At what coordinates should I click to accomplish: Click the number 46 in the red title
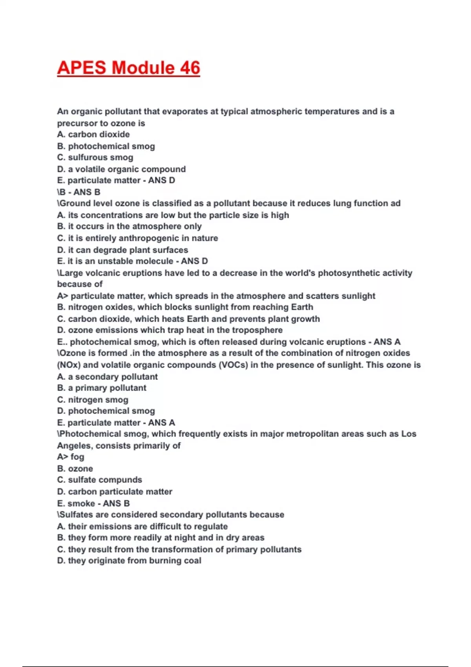click(190, 67)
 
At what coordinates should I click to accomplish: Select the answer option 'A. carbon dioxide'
click(93, 134)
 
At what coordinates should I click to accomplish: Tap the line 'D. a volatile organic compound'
click(121, 169)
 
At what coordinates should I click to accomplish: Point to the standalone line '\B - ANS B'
click(78, 192)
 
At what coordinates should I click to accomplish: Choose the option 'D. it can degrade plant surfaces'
click(122, 250)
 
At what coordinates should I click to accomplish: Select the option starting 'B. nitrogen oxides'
click(185, 307)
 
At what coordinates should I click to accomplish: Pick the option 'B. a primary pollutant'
click(102, 388)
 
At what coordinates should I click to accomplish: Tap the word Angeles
click(74, 446)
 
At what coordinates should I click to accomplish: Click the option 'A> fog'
click(71, 457)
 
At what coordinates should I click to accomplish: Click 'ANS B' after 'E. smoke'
click(116, 503)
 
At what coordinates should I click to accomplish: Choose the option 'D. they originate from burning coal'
click(129, 560)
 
